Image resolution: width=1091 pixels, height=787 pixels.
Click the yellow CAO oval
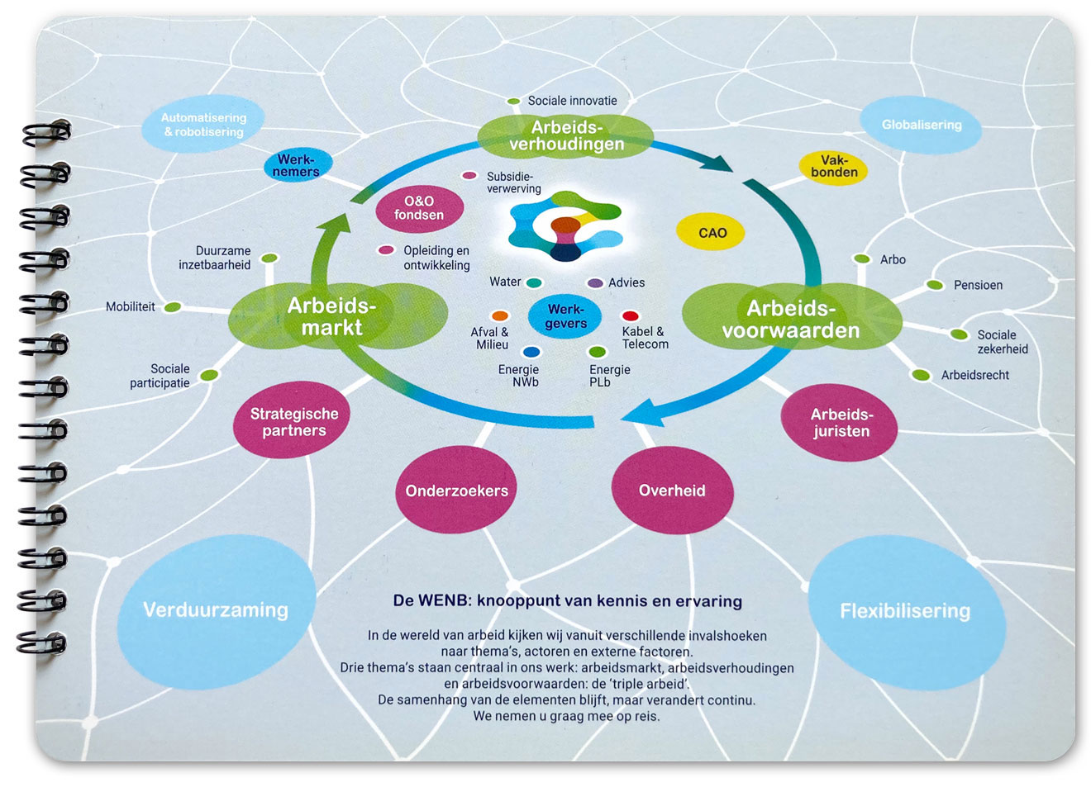711,233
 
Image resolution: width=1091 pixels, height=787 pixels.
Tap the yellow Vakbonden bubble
833,167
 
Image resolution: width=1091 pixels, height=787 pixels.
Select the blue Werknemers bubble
298,166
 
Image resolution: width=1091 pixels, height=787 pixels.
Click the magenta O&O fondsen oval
419,208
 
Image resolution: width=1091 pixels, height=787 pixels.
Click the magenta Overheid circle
672,491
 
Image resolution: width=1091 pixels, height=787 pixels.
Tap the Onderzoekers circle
456,491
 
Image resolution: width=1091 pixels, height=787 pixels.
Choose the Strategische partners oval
293,421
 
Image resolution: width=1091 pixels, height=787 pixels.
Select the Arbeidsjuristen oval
841,423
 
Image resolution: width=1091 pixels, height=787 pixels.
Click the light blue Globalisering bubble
921,126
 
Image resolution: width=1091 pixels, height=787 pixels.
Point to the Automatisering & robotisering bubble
203,126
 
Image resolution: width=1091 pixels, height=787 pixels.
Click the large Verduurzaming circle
216,610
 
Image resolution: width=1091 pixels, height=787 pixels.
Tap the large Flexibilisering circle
905,611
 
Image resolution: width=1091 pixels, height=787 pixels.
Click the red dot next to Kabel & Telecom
630,315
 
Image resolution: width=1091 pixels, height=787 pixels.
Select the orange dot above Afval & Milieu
499,315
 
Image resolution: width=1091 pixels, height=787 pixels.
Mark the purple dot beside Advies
594,283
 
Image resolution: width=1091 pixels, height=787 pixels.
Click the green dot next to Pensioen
935,285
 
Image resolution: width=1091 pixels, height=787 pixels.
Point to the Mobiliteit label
131,307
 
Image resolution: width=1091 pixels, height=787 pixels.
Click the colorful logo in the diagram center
565,226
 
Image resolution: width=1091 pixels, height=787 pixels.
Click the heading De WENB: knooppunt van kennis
567,601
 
